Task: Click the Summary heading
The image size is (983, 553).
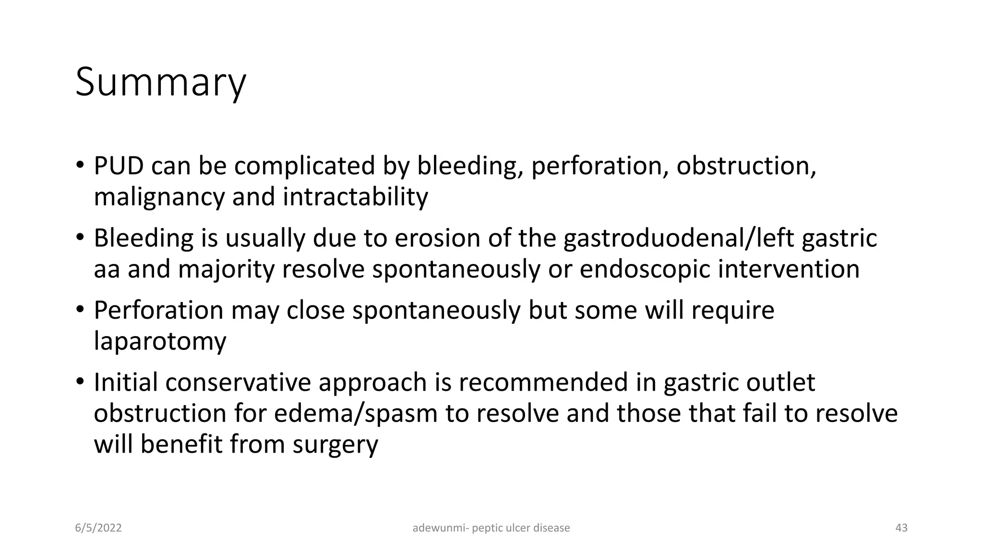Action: pos(160,83)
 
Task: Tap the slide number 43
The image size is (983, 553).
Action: pos(901,528)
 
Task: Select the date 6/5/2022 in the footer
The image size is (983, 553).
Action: pos(98,528)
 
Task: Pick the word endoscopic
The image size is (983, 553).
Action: pos(645,270)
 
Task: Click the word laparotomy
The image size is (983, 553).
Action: pos(160,342)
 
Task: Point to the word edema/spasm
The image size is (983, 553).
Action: pos(356,414)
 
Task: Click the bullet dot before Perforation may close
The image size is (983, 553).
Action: pos(80,309)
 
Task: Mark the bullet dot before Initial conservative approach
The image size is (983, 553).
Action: pos(80,381)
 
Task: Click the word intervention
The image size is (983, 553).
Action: pos(788,269)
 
